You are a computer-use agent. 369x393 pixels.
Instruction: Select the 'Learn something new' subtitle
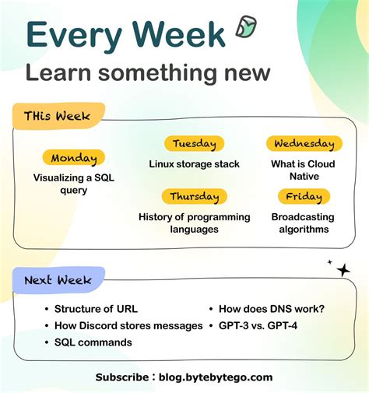tap(148, 73)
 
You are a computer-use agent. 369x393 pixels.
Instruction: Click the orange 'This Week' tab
tap(57, 116)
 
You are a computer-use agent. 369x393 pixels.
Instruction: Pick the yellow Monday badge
tap(74, 158)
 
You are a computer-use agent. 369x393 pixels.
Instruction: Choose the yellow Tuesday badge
tap(194, 143)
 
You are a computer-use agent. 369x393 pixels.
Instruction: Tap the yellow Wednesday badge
tap(304, 143)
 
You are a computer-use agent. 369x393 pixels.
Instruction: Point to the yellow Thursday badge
tap(194, 196)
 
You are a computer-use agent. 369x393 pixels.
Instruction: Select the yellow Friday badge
tap(303, 196)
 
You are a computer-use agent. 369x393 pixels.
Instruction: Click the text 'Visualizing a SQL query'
tap(74, 184)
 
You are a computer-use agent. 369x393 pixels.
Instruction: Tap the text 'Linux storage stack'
tap(194, 164)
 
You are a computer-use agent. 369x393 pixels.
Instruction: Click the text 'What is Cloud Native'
tap(303, 170)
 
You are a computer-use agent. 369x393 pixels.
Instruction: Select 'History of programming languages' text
tap(194, 223)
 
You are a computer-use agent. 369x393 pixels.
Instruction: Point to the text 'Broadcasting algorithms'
tap(303, 223)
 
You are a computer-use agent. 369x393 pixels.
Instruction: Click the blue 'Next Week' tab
tap(58, 279)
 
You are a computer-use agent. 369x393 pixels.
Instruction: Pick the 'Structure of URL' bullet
tap(94, 309)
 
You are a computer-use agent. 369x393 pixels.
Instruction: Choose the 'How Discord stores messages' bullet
tap(128, 325)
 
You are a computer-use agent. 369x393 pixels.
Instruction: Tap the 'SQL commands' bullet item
tap(93, 342)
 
